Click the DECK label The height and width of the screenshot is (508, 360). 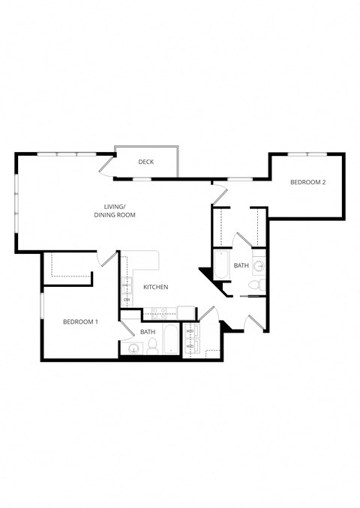tap(146, 162)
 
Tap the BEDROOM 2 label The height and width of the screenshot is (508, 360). tap(309, 182)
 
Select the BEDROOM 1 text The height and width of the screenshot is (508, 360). tap(80, 322)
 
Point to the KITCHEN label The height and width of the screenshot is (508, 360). tap(155, 287)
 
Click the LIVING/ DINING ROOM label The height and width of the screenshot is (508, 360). tap(119, 211)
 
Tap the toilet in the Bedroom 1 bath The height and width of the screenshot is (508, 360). tap(151, 345)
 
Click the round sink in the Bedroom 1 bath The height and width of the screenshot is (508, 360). tap(133, 348)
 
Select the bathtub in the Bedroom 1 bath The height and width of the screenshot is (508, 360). tap(171, 342)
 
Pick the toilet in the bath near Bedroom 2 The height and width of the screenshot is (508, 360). tap(254, 285)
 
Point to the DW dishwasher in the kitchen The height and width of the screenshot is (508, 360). tap(127, 300)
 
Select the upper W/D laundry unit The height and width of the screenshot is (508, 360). tap(190, 331)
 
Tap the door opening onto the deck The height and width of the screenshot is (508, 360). tap(108, 166)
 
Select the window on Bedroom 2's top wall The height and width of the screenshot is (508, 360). tap(307, 154)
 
